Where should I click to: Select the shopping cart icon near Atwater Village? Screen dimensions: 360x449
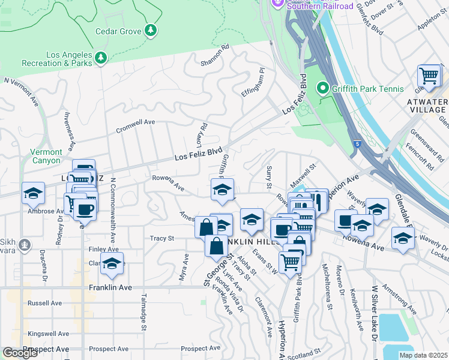pyautogui.click(x=429, y=76)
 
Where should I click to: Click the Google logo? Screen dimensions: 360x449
pyautogui.click(x=20, y=352)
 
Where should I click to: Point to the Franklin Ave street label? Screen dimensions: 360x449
pyautogui.click(x=110, y=287)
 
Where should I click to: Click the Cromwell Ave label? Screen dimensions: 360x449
pyautogui.click(x=135, y=125)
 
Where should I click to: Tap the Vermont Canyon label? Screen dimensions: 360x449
pyautogui.click(x=46, y=157)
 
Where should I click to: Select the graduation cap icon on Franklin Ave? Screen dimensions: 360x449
pyautogui.click(x=111, y=263)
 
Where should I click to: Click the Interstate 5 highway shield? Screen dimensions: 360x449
pyautogui.click(x=358, y=145)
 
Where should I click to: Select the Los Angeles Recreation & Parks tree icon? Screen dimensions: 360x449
pyautogui.click(x=101, y=57)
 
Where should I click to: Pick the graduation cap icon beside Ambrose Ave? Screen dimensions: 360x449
pyautogui.click(x=33, y=193)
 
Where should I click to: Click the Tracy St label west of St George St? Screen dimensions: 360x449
pyautogui.click(x=162, y=238)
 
